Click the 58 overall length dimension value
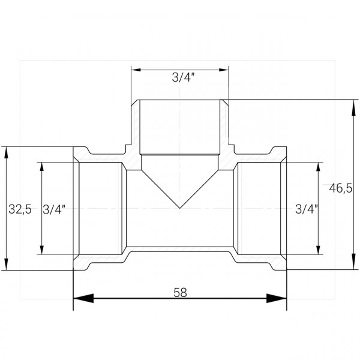(179, 293)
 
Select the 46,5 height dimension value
(340, 188)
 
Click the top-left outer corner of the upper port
(133, 100)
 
